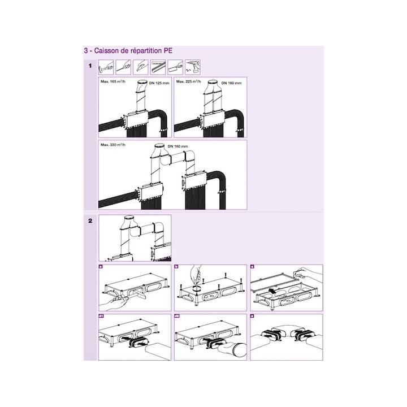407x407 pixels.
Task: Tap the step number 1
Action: (x=90, y=67)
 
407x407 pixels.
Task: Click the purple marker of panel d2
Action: (x=177, y=317)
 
